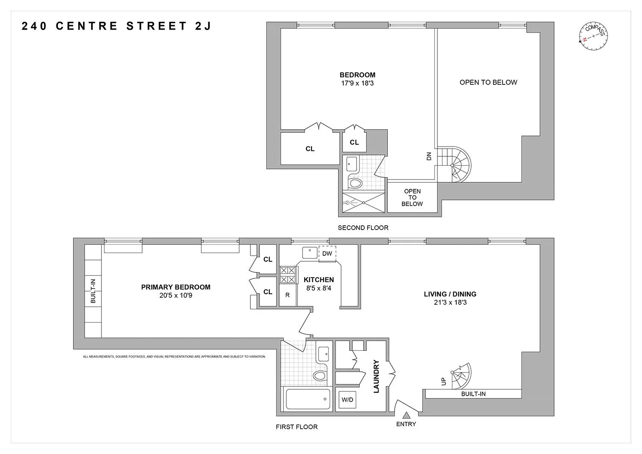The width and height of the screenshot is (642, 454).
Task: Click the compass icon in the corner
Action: click(x=593, y=37)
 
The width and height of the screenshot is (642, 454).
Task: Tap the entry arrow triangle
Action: click(x=406, y=415)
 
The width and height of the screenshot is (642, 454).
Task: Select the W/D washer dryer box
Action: click(x=347, y=400)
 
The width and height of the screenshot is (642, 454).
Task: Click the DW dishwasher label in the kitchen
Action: click(x=327, y=254)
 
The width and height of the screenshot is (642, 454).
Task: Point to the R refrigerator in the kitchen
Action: click(x=288, y=295)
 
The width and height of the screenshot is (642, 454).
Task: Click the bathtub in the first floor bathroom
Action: click(x=308, y=399)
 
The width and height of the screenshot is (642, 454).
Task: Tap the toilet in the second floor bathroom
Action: click(x=355, y=183)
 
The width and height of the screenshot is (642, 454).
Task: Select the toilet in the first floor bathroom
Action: click(x=320, y=376)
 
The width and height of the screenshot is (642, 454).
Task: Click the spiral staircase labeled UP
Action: click(x=461, y=376)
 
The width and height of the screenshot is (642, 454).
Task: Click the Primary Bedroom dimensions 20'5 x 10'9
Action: click(x=175, y=295)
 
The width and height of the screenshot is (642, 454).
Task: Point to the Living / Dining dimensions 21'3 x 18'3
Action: click(x=450, y=302)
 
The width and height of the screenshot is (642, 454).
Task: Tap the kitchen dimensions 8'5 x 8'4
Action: click(x=318, y=288)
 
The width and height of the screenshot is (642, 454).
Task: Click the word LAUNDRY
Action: click(x=377, y=376)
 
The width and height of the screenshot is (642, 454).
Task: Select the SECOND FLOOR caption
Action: click(x=363, y=228)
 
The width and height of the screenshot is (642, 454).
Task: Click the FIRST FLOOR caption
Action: click(x=297, y=427)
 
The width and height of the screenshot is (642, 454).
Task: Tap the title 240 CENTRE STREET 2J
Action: click(x=116, y=27)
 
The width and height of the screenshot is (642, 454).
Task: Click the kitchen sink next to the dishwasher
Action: click(x=309, y=253)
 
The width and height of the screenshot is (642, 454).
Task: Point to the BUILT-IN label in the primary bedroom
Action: click(x=93, y=291)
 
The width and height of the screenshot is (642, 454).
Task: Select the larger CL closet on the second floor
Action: click(x=310, y=149)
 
